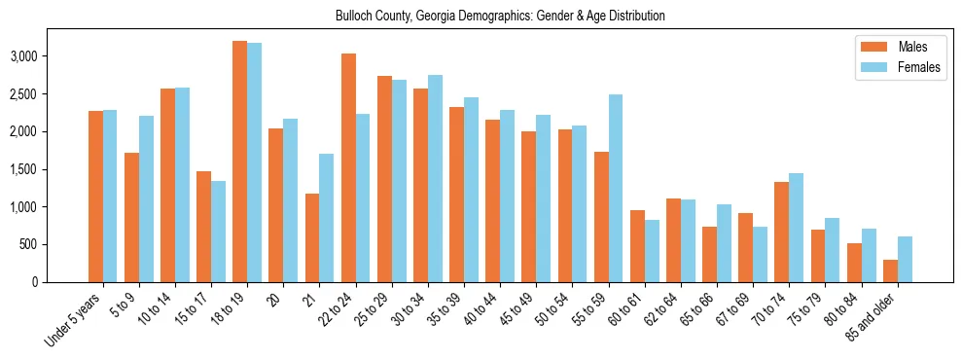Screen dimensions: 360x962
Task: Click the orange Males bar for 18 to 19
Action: click(239, 162)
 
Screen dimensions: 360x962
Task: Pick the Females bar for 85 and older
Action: click(905, 259)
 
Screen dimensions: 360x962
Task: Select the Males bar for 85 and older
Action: click(890, 270)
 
